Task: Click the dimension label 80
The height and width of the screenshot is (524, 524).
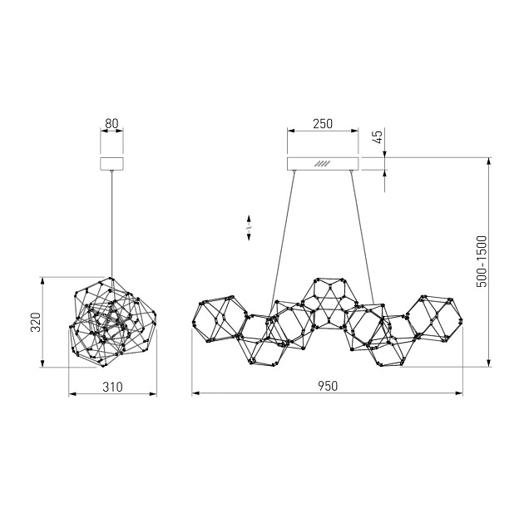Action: click(x=111, y=123)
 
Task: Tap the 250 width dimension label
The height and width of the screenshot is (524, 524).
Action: click(x=323, y=124)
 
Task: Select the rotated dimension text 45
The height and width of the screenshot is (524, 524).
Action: click(x=378, y=136)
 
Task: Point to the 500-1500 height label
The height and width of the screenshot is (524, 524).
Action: click(x=482, y=261)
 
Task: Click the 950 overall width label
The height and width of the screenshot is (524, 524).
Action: click(x=328, y=386)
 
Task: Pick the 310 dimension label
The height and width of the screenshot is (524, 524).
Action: click(x=112, y=387)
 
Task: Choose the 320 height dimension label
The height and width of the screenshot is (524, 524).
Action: click(x=36, y=322)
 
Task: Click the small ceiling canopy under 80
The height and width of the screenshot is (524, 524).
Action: click(x=112, y=163)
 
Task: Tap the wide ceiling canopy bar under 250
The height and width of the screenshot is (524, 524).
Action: click(x=323, y=163)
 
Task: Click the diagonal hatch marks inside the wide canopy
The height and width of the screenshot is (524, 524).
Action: click(x=322, y=163)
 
